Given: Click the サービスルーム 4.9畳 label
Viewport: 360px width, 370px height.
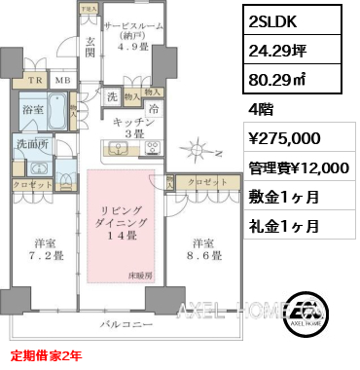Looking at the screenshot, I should click(133, 35).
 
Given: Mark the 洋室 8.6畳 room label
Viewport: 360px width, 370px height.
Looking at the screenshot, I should click(200, 249).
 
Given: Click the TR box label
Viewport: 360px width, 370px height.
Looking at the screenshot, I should click(35, 81).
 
